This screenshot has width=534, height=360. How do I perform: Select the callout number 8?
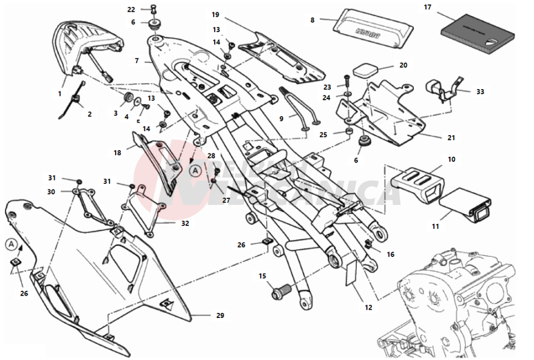coord(312,20)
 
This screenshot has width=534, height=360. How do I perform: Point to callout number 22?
coord(131,9)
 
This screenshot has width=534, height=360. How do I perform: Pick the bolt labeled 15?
coord(282,290)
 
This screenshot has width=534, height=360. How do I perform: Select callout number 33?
coord(480,91)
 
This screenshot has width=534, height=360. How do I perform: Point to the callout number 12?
coord(368,307)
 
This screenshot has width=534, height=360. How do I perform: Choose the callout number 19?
coord(215,14)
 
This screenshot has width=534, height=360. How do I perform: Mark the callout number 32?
coord(185,224)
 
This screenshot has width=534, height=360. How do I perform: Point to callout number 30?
coord(51,192)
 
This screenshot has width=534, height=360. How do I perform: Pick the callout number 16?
coord(391,254)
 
